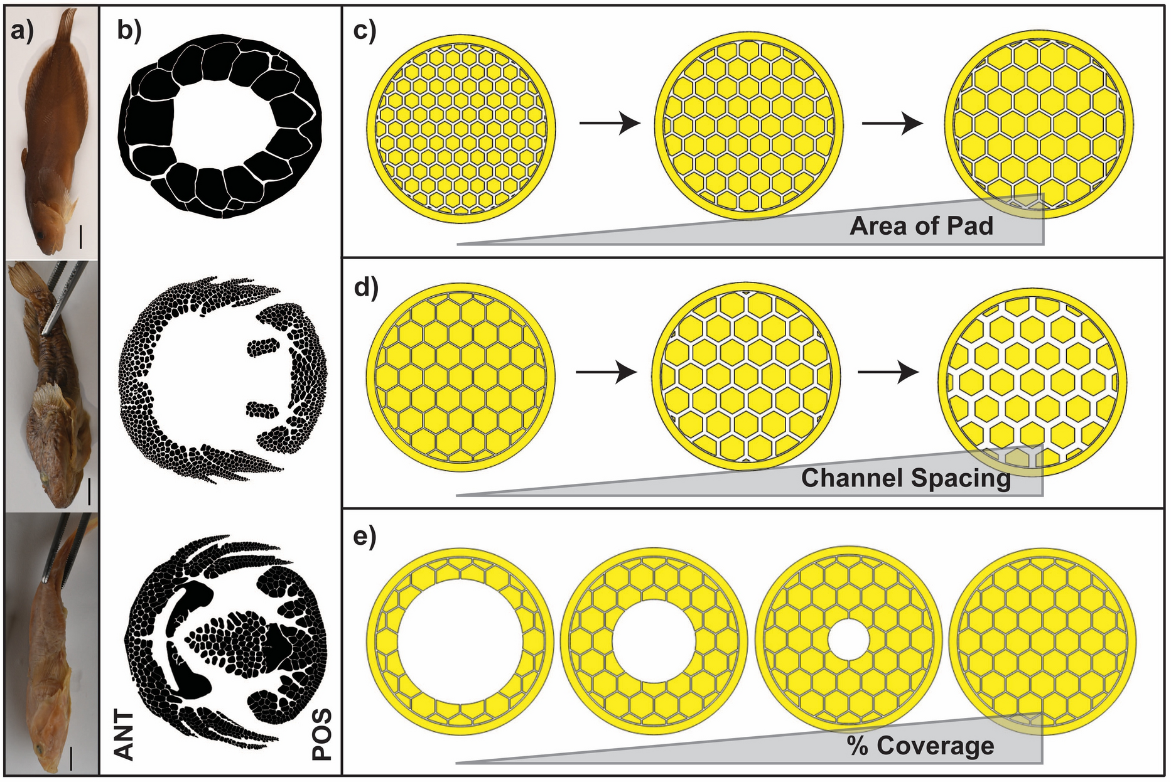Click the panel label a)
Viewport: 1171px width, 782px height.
point(22,31)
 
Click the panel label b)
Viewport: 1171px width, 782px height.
point(129,31)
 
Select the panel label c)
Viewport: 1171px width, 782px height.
point(364,31)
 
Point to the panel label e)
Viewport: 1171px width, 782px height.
point(364,538)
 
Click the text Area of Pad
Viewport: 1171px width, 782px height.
point(921,226)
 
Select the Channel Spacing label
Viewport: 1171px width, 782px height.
point(905,478)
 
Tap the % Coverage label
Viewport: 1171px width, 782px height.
point(920,746)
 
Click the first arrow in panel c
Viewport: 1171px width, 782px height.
point(608,124)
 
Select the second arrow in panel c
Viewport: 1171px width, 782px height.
point(892,124)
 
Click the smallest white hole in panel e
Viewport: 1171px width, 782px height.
point(849,640)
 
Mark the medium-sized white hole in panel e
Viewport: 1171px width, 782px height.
point(654,641)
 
